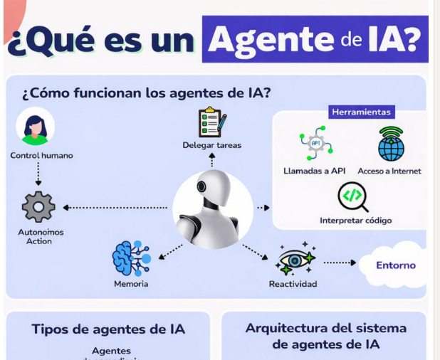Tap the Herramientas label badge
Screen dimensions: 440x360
[x=362, y=112]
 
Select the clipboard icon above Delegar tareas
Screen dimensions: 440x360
[x=211, y=122]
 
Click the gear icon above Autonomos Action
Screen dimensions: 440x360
[x=38, y=207]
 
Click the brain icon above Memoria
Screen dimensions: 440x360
[x=130, y=258]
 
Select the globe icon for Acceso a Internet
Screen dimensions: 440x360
[x=391, y=144]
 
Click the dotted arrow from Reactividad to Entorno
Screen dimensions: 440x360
[x=340, y=263]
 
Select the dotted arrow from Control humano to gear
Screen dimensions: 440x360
[x=38, y=174]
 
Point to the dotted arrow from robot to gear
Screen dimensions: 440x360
[x=117, y=208]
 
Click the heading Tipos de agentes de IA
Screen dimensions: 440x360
[x=108, y=329]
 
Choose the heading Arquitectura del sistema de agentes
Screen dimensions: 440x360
[x=325, y=336]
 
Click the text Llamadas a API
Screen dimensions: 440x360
[x=314, y=171]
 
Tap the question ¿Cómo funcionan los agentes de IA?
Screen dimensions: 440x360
[x=147, y=93]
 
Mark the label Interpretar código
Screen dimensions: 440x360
[x=355, y=221]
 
